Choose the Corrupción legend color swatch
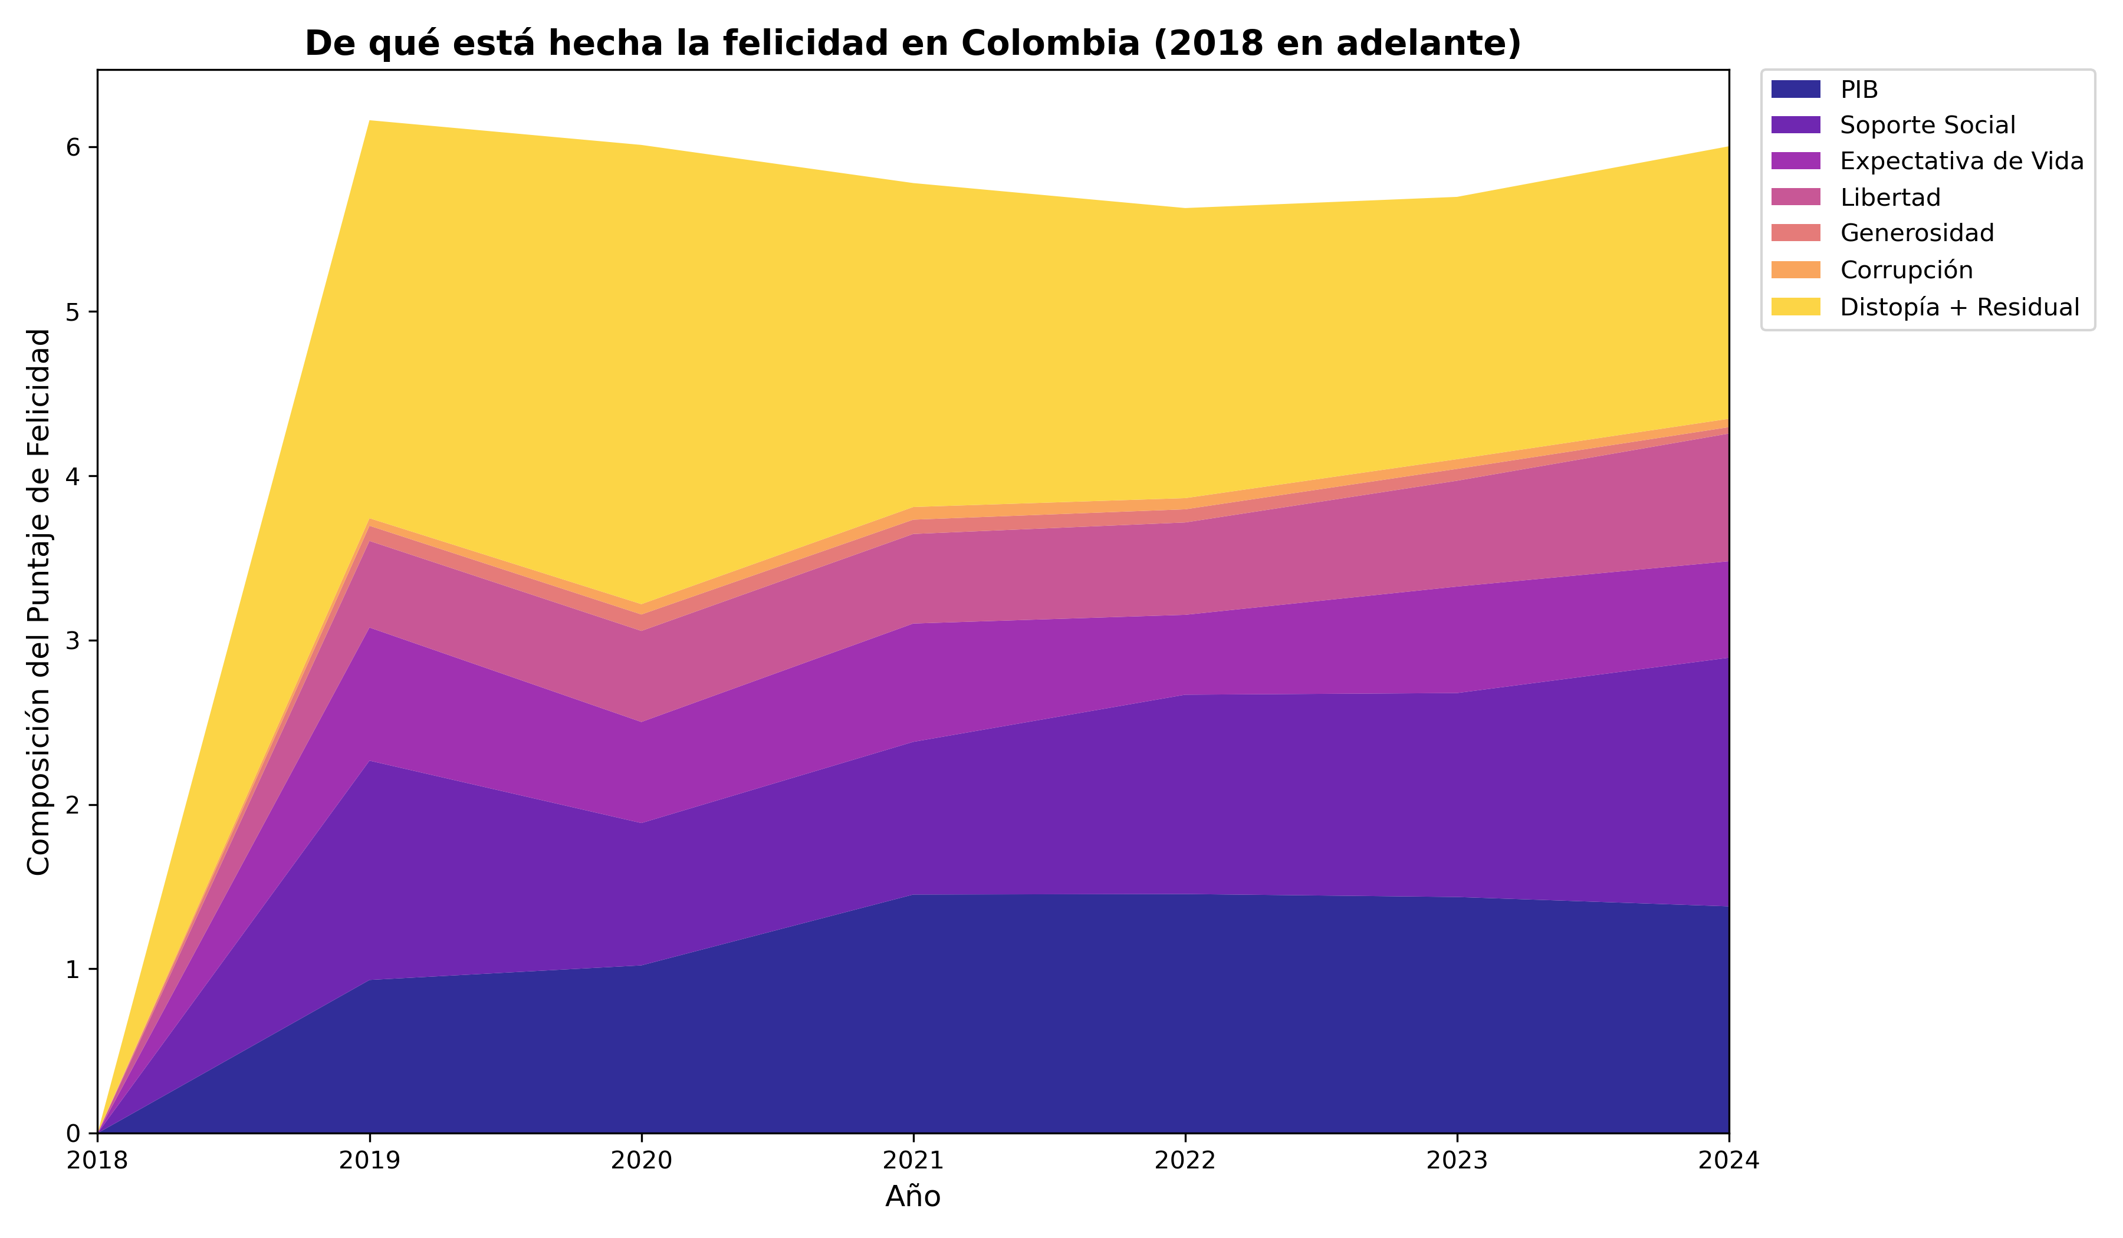(1795, 269)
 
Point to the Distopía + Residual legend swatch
(1795, 307)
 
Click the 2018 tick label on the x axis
(98, 1161)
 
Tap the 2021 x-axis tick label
(913, 1161)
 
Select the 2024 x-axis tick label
(1728, 1161)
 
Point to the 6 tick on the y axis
(73, 147)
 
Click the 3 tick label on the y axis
(73, 641)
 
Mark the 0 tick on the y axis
(73, 1134)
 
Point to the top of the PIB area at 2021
(913, 894)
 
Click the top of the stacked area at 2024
(1728, 147)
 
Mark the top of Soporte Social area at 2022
(1185, 695)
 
